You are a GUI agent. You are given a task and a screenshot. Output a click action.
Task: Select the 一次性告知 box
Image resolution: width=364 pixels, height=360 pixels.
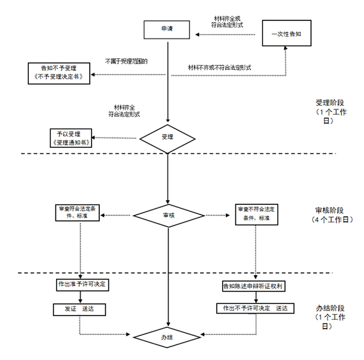(286, 34)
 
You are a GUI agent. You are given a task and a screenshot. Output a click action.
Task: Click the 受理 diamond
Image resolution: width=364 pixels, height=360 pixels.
(167, 137)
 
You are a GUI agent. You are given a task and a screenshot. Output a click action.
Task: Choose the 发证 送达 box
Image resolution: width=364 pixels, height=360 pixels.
(80, 309)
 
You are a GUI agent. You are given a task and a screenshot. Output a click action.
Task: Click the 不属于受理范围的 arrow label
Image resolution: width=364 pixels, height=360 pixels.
(126, 61)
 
